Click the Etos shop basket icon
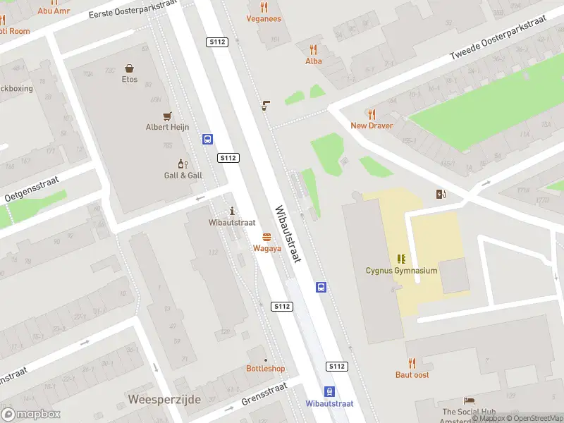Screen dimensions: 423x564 coord(130,68)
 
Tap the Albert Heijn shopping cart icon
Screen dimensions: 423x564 coord(167,116)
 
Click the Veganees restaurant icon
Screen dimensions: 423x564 coord(264,8)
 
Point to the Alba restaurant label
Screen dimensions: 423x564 coord(314,61)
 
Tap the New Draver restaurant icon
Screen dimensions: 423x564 coord(372,114)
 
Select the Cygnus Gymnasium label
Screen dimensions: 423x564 coord(401,271)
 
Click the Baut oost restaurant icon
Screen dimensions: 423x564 coord(412,364)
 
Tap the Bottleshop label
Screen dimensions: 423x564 coord(266,369)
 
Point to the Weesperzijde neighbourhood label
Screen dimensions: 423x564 coord(165,400)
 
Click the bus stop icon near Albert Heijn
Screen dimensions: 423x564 coord(208,139)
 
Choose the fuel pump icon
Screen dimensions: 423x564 coord(441,194)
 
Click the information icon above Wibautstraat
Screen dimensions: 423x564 coord(233,211)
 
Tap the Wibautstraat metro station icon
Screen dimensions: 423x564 coord(329,392)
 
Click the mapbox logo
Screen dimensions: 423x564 coord(31,415)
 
